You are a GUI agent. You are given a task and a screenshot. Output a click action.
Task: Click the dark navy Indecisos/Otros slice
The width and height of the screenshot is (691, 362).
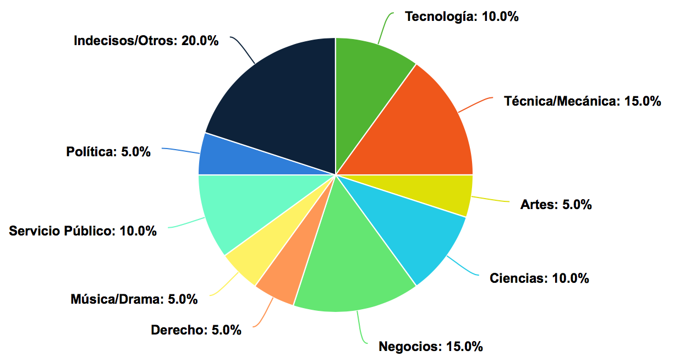tap(281, 99)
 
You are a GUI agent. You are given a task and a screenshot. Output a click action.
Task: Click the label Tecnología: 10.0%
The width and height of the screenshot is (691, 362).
tap(462, 17)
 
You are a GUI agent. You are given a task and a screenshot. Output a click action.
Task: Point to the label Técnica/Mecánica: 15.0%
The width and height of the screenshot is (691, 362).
tap(582, 101)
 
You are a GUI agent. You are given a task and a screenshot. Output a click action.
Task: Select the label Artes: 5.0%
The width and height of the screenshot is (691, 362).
tap(556, 205)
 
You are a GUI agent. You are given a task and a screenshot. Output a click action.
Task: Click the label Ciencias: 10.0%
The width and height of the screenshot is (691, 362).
tap(539, 278)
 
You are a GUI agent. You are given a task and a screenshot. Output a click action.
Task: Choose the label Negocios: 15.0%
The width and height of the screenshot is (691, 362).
tap(431, 347)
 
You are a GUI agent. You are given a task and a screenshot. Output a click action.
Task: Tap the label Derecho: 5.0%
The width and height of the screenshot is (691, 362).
tap(196, 330)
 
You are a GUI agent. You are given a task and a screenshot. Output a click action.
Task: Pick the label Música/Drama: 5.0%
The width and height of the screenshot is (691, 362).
tap(134, 299)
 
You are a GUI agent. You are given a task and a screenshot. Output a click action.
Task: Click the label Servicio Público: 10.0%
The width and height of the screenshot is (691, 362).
tap(83, 231)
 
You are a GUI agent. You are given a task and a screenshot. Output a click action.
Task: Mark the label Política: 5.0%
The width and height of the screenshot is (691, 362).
tap(108, 152)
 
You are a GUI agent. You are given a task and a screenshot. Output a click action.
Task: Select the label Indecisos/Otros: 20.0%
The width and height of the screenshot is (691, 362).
tap(146, 41)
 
